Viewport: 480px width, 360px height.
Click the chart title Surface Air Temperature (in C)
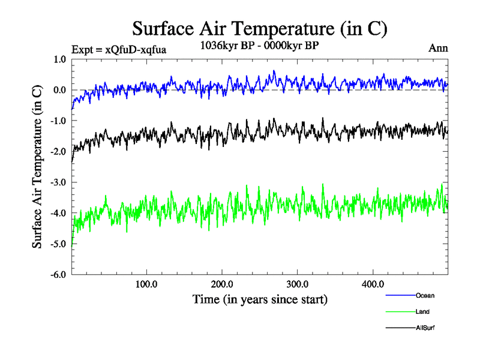click(259, 29)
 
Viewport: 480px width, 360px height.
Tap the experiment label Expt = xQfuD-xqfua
click(118, 49)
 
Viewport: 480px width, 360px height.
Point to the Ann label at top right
click(438, 48)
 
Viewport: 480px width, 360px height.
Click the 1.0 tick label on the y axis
click(60, 59)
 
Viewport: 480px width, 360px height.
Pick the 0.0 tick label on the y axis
click(60, 90)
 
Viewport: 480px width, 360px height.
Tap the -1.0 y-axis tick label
click(59, 121)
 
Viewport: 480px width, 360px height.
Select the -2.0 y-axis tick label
click(59, 152)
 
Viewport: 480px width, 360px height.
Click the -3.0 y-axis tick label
click(59, 182)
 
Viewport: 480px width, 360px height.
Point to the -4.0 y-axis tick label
click(59, 213)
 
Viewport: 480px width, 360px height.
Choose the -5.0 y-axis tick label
click(59, 244)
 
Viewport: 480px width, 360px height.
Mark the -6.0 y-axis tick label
click(59, 275)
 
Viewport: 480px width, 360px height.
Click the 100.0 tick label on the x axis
click(146, 284)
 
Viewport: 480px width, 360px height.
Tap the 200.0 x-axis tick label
click(222, 284)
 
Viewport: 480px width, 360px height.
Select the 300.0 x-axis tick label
click(298, 284)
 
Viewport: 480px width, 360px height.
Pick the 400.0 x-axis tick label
click(373, 284)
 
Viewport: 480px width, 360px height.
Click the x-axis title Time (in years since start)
click(260, 299)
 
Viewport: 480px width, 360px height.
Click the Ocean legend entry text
click(425, 295)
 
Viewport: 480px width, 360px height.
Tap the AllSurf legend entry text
click(425, 328)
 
